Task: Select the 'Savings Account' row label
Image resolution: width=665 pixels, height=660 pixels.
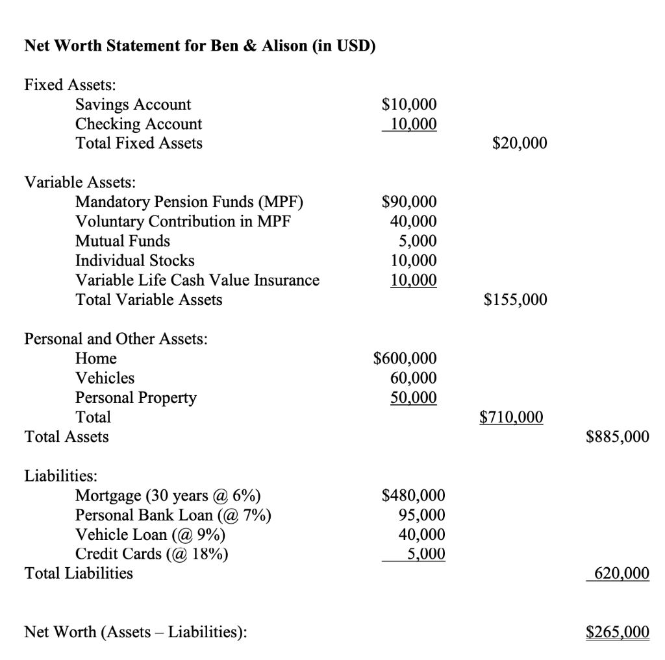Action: (133, 104)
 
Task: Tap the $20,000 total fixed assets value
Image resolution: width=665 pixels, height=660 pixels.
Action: (520, 143)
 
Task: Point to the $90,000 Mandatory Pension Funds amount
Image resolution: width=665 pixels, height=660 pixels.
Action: (409, 202)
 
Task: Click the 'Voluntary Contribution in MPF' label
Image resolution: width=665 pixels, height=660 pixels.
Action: (182, 221)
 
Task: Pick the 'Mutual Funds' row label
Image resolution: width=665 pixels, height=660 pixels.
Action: (123, 241)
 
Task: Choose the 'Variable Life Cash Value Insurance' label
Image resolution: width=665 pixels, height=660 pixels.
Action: (197, 280)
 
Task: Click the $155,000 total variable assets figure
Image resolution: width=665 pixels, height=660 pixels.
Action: (516, 299)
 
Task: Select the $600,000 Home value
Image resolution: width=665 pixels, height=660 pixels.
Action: (405, 358)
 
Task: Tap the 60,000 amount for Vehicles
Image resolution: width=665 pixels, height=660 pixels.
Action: (413, 378)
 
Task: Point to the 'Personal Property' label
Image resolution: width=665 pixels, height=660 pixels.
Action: (136, 397)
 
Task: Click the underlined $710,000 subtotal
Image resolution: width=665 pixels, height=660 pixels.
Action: (512, 417)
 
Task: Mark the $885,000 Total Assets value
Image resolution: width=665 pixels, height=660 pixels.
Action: (617, 437)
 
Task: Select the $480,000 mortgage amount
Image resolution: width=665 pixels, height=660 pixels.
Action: (414, 496)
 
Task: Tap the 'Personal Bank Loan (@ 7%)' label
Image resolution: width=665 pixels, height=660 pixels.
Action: (173, 516)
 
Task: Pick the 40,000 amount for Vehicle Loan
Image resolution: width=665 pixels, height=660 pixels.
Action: (421, 535)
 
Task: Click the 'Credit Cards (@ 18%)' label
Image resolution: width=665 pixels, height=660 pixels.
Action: (152, 554)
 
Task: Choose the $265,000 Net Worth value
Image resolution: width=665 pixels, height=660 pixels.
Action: (617, 631)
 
